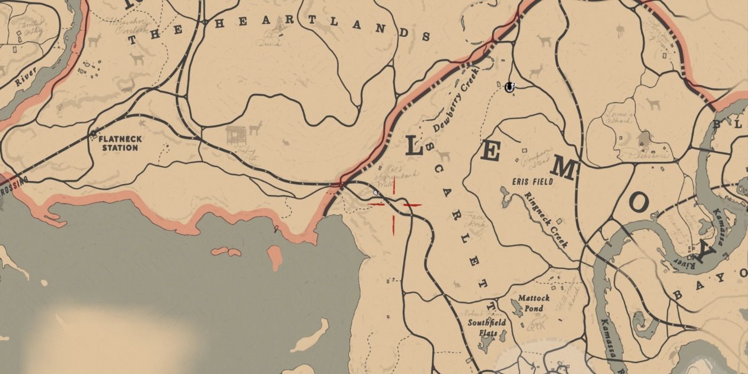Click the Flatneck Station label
pos(120,143)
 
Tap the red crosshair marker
pos(394,205)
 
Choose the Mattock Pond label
pos(534,303)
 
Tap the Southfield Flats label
pos(483,328)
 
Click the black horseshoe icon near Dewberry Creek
pos(510,86)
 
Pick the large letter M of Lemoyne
pos(563,170)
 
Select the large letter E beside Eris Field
pos(490,151)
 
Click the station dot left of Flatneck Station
pos(94,133)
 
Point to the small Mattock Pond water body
pos(517,308)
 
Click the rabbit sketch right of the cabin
pos(285,142)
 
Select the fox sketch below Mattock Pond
pos(537,323)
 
